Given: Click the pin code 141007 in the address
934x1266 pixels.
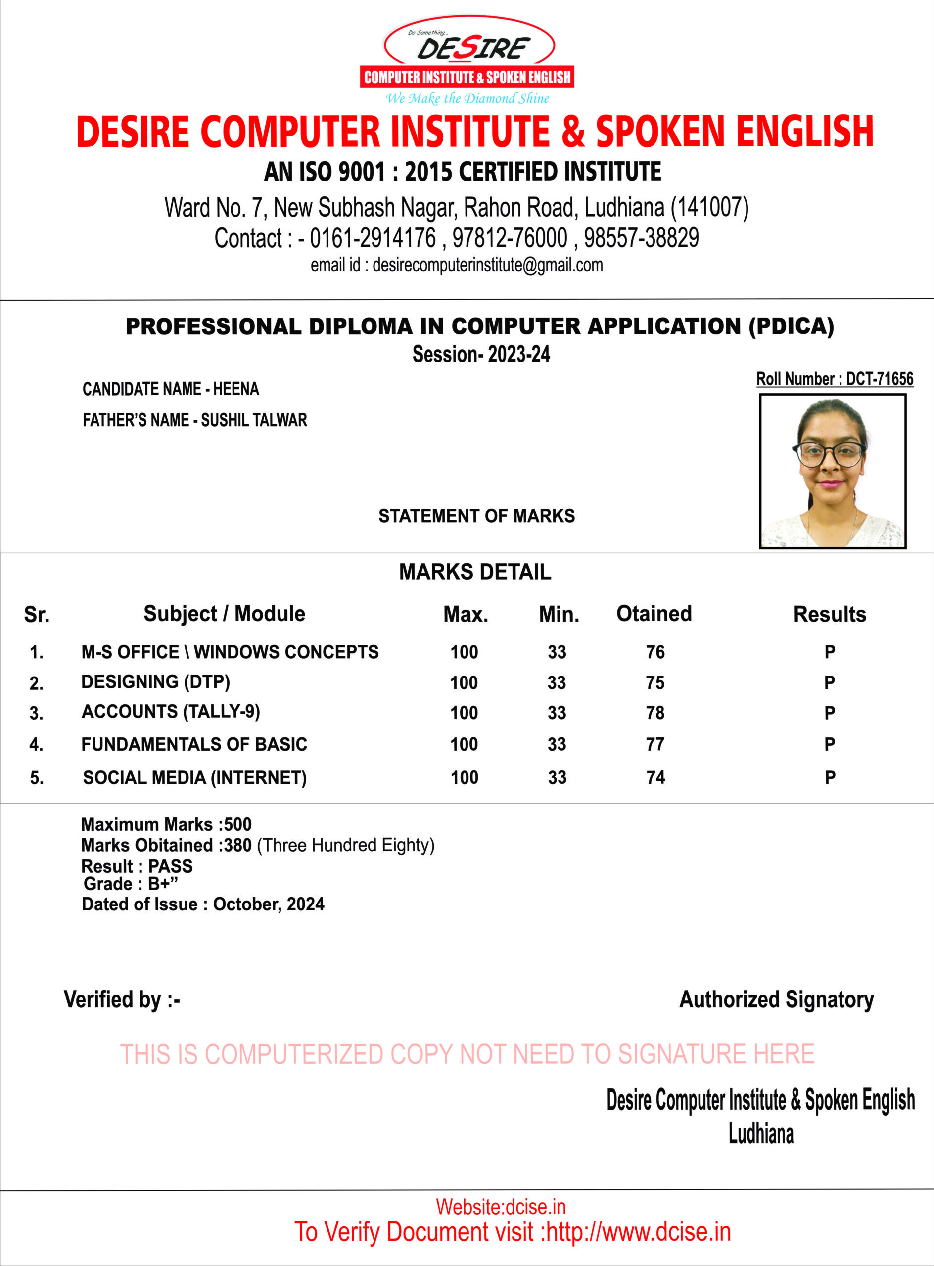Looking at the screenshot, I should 709,207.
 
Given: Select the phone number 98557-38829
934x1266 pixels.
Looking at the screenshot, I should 641,238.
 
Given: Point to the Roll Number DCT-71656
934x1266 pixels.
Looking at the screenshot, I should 879,379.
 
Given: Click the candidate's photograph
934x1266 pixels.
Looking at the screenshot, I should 832,471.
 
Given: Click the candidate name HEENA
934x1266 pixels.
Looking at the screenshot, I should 236,389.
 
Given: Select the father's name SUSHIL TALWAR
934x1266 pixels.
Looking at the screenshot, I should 254,420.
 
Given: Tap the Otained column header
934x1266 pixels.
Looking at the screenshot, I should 654,614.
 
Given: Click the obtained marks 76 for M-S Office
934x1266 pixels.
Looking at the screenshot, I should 655,652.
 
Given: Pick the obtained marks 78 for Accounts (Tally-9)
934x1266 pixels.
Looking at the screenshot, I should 655,713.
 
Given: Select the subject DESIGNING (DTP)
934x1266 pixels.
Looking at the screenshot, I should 155,682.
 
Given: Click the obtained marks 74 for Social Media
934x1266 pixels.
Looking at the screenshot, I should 655,778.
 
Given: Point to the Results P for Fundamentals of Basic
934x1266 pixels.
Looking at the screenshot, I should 830,744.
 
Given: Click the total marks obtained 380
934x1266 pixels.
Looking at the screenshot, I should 237,846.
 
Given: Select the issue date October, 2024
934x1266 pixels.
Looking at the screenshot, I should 269,904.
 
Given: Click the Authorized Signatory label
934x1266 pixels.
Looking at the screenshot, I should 776,1000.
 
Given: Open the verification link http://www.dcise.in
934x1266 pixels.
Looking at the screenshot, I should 638,1232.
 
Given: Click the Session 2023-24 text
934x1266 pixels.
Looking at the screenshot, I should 481,355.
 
